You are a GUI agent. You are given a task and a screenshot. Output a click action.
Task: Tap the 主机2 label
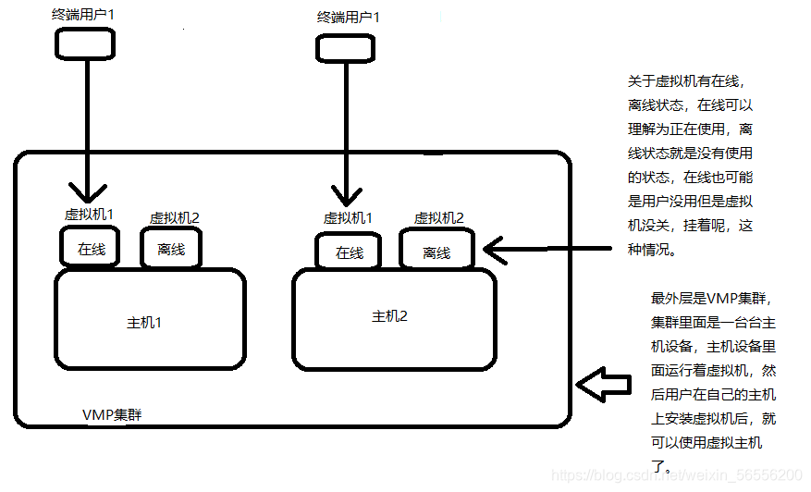coord(389,316)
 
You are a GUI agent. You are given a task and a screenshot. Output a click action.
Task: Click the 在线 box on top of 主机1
coord(91,249)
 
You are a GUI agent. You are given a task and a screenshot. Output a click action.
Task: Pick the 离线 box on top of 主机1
coord(171,249)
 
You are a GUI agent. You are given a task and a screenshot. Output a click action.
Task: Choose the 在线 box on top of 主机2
coord(349,252)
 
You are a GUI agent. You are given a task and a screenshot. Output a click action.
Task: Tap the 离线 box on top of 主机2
coord(436,252)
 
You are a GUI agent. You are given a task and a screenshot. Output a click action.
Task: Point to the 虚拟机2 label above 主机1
coord(175,218)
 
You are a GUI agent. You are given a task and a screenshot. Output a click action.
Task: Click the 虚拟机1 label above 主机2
coord(348,218)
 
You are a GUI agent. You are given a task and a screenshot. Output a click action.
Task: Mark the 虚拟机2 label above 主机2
coord(438,218)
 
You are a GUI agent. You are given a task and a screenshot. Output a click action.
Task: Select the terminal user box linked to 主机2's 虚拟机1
coord(346,46)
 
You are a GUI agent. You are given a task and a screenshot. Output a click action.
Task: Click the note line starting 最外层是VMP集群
coord(709,299)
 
